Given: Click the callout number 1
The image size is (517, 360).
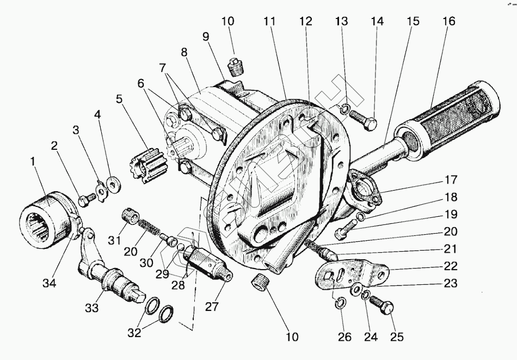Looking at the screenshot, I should click(34, 162).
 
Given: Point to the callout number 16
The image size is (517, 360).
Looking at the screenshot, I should click(448, 22).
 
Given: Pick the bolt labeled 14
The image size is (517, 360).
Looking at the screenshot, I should click(364, 120).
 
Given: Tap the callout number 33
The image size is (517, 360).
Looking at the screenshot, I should click(91, 308).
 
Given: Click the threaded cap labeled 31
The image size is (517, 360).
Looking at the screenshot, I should click(131, 216).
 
